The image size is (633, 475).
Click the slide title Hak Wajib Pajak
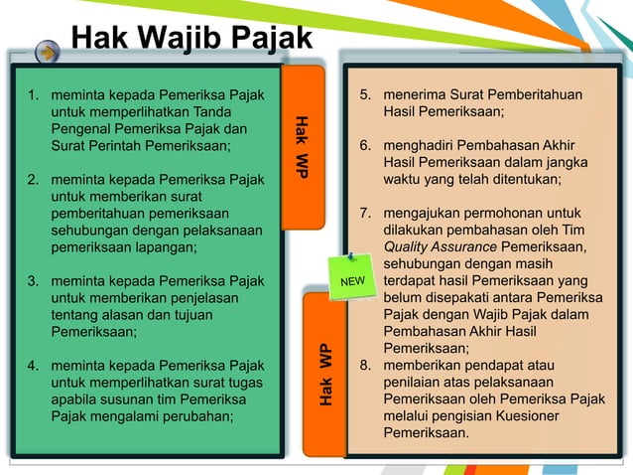coord(190,39)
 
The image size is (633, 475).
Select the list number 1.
coord(33,95)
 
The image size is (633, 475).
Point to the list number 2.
coord(33,180)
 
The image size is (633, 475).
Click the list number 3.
coord(33,281)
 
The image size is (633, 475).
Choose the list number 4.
coord(33,366)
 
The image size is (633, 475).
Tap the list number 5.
coord(365,95)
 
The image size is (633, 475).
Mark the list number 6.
coord(365,146)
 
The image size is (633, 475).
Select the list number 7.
coord(365,214)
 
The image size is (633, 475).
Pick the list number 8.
coord(365,366)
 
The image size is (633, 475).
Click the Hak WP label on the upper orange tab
coord(301,148)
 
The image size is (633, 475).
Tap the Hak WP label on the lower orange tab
coord(325,374)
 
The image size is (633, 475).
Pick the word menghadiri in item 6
coord(419,146)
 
